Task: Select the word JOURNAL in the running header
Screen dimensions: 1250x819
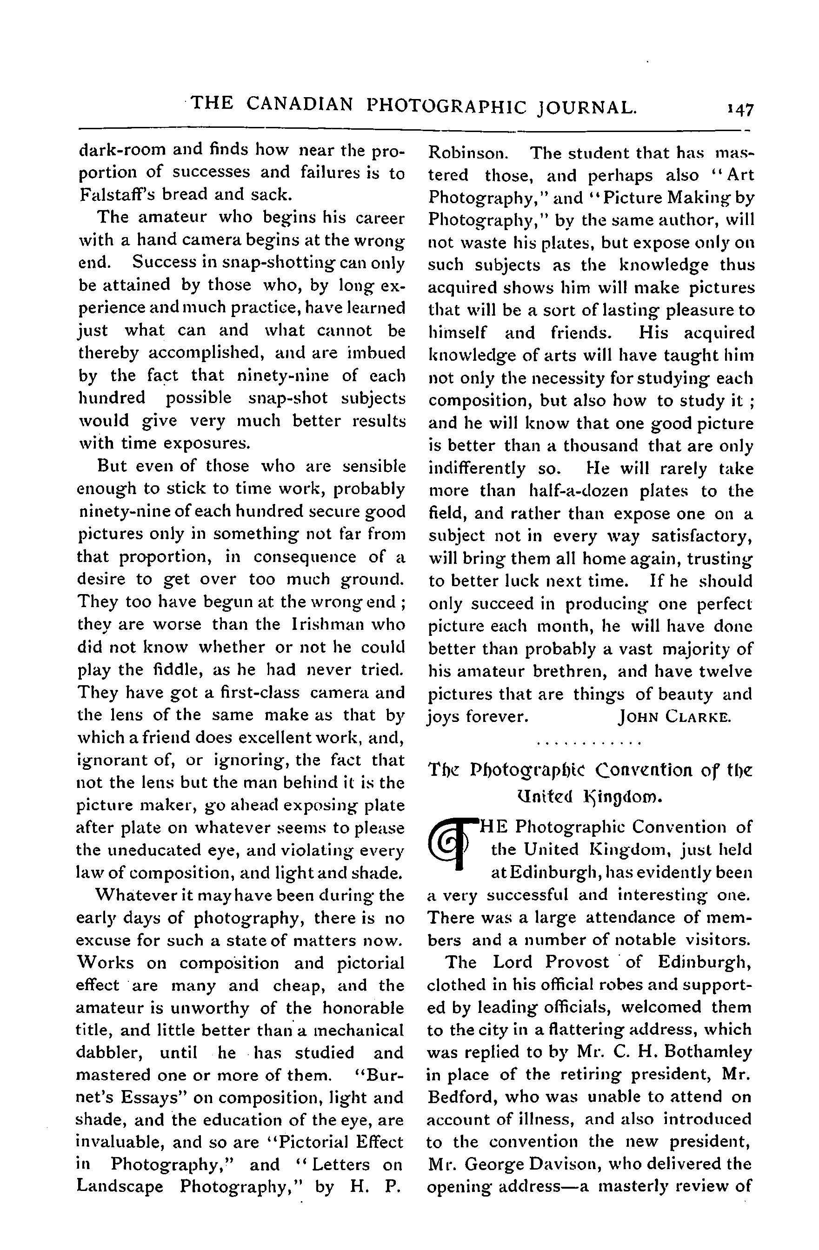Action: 586,106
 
